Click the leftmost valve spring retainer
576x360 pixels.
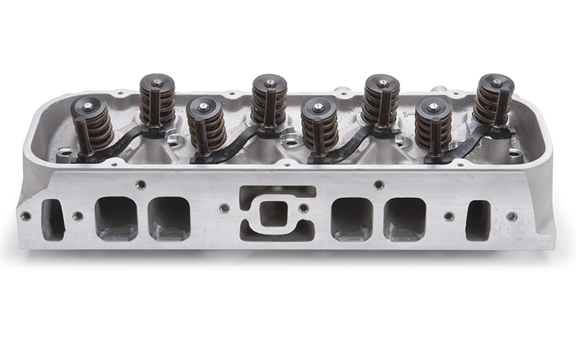pos(87,107)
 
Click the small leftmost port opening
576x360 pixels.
pos(53,220)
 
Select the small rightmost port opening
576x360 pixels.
pos(477,220)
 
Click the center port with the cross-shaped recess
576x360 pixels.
pos(276,214)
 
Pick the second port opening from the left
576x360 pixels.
pos(116,218)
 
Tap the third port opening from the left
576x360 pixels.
pos(169,219)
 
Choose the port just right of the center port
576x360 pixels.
pos(351,219)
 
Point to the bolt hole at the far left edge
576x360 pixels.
pos(26,215)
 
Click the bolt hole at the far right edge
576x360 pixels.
pos(511,216)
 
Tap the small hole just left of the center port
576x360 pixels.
pos(225,208)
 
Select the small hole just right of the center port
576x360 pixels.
pos(304,209)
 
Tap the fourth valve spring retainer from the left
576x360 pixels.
pos(269,84)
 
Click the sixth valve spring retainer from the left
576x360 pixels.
pos(382,84)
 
